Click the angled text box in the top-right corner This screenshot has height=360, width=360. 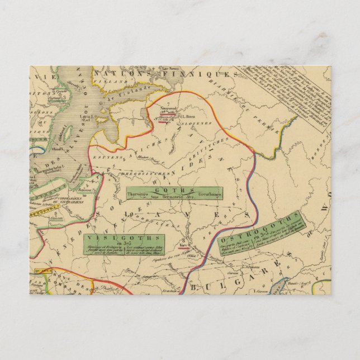coord(291,98)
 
